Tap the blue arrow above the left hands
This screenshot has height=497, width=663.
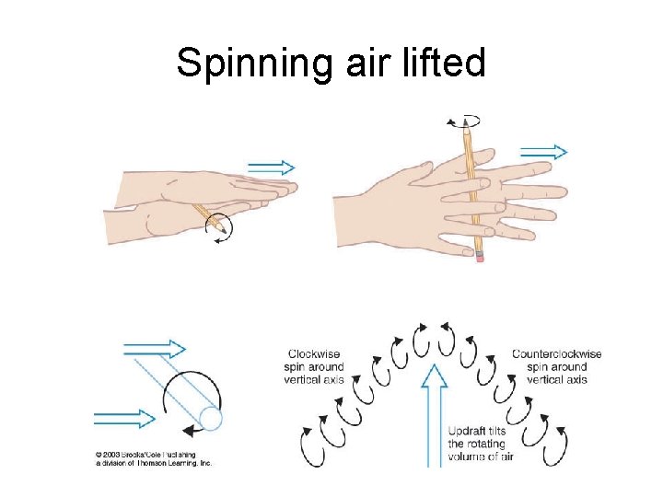click(272, 168)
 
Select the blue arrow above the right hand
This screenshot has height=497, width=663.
click(544, 152)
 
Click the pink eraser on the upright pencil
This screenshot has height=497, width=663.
click(479, 257)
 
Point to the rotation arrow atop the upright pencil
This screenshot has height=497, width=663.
click(464, 121)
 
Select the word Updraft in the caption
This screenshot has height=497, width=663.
click(467, 431)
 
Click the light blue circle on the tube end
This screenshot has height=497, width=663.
click(211, 419)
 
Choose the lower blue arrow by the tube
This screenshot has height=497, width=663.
click(125, 419)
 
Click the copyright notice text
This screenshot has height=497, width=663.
click(153, 457)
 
